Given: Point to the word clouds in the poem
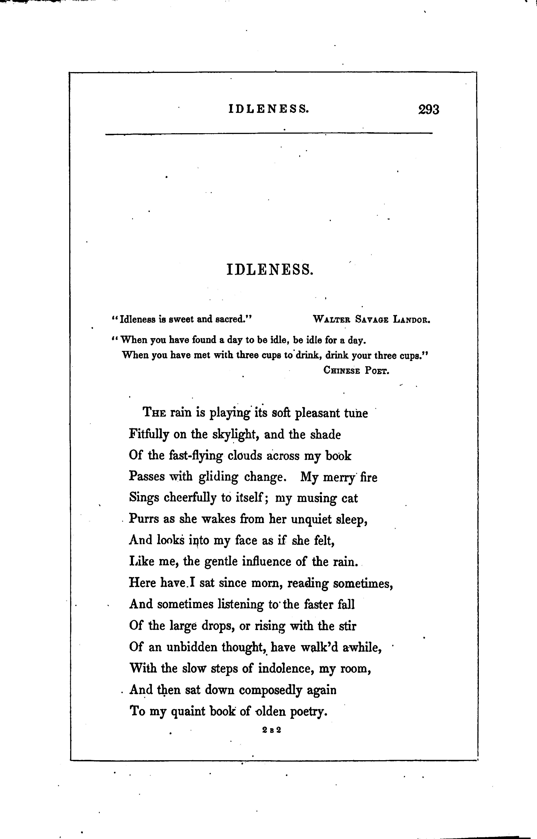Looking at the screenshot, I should [244, 456].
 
